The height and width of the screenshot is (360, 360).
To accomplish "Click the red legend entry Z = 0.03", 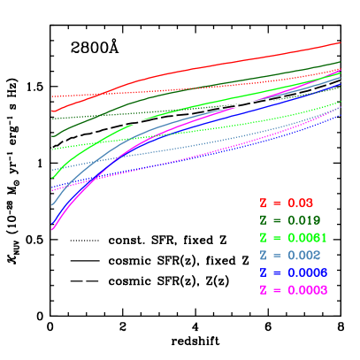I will (x=287, y=203).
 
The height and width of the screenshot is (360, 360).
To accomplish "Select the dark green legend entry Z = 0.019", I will (x=290, y=220).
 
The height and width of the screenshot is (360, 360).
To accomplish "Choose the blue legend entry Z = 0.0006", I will (x=293, y=272).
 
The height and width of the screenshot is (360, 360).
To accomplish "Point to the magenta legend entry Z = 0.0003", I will (x=293, y=290).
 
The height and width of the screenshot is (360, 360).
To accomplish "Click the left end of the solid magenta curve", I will (x=53, y=229).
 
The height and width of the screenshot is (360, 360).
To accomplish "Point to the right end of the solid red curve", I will (x=341, y=42).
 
